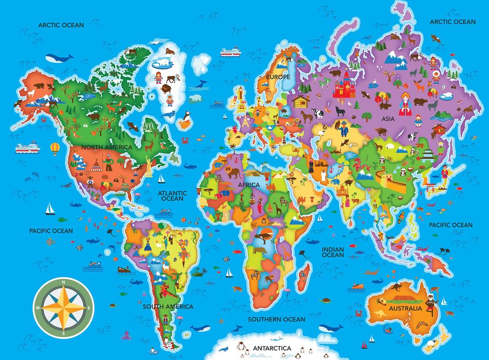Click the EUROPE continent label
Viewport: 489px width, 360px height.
coord(278,77)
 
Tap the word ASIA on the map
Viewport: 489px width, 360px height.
coord(388,119)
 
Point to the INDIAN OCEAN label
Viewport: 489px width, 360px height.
coord(333,252)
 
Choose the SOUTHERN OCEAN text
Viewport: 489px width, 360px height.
coord(276,319)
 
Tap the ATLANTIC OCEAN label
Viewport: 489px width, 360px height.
coord(172,195)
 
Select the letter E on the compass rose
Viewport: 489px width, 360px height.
coord(89,308)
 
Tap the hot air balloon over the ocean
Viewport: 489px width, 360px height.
coord(55,148)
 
